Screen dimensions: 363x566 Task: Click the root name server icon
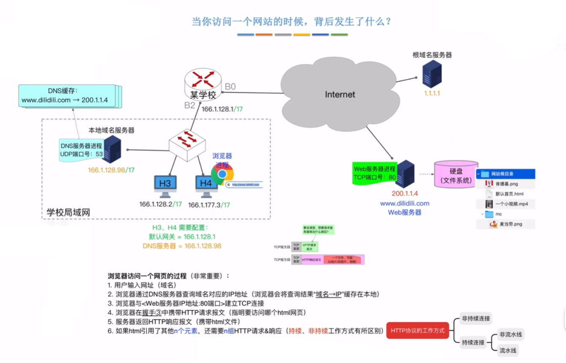point(432,74)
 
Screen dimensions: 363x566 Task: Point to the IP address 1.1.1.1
point(432,93)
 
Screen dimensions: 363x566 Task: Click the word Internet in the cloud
point(340,94)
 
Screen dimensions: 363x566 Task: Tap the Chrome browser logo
point(222,174)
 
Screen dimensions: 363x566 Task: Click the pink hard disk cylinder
point(456,174)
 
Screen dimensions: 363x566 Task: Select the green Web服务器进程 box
point(375,173)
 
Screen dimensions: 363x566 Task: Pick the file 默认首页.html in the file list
point(509,194)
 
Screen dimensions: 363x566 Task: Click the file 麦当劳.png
point(511,224)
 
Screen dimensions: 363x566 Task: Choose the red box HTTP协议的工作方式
point(418,331)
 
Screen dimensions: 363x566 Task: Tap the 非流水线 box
point(511,335)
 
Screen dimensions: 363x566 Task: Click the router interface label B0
point(230,87)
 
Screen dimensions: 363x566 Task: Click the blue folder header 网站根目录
point(506,174)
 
